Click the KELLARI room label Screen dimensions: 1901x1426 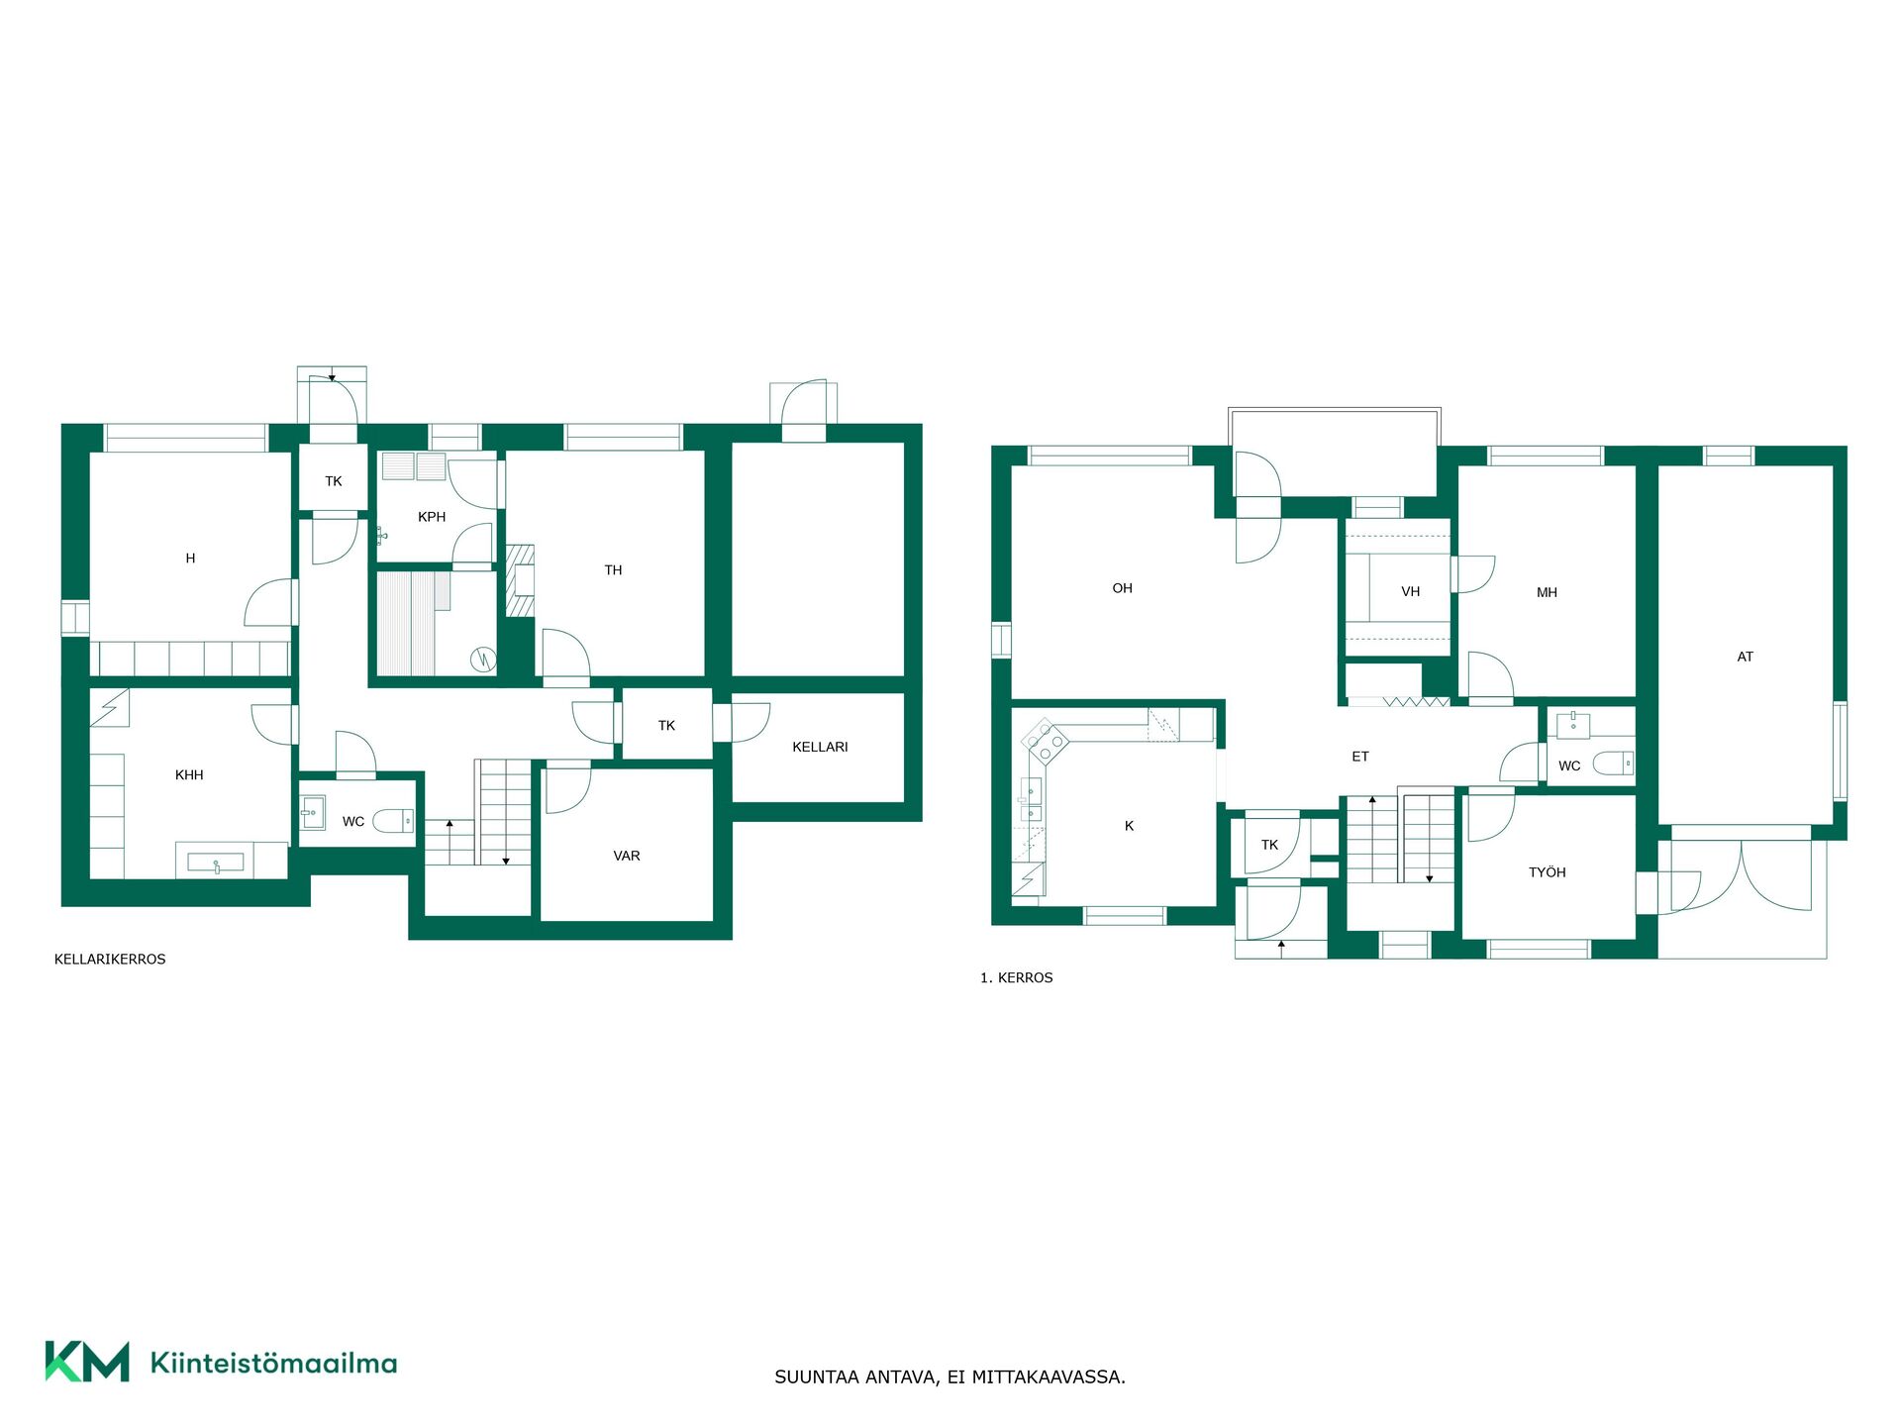click(820, 747)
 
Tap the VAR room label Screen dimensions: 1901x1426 click(627, 856)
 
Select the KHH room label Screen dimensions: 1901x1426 click(189, 774)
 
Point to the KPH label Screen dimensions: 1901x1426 click(432, 517)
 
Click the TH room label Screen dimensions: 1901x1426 click(614, 570)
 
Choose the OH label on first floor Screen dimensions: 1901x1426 click(1122, 588)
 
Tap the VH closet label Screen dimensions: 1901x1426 click(1411, 591)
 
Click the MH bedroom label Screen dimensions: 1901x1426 click(1547, 592)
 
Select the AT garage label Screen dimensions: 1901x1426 click(1746, 657)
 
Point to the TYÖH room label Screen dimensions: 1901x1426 click(1548, 872)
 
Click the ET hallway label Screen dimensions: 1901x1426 click(1360, 757)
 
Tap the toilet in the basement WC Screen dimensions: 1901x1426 click(393, 821)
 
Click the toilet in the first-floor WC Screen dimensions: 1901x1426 click(1613, 764)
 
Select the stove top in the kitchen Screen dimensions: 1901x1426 click(1047, 742)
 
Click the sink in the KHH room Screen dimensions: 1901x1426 click(216, 864)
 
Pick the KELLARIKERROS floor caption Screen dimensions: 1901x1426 click(110, 960)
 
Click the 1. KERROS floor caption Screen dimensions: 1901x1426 click(1017, 977)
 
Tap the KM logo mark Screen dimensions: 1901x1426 click(87, 1362)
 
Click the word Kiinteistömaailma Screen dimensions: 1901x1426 click(273, 1364)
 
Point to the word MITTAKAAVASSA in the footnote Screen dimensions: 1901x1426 click(1049, 1377)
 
